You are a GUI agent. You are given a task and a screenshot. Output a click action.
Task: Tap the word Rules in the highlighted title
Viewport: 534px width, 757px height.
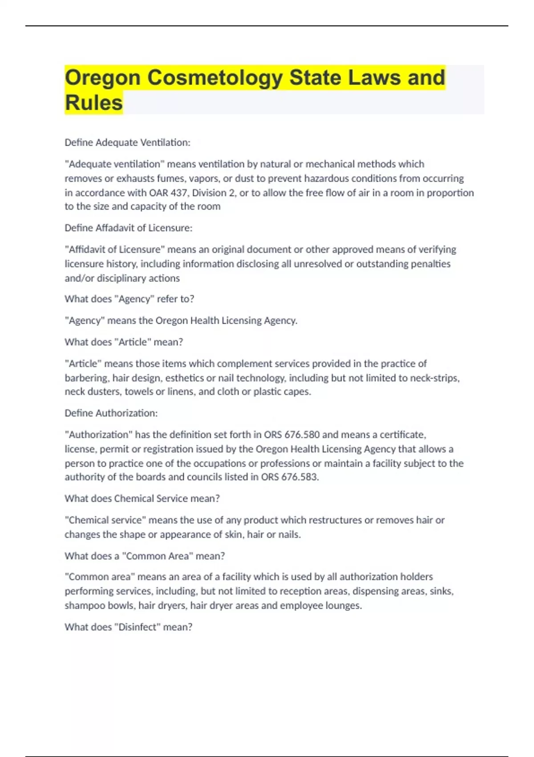pos(93,103)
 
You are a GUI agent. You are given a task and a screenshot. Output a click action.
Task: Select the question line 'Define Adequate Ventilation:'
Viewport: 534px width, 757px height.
pos(127,142)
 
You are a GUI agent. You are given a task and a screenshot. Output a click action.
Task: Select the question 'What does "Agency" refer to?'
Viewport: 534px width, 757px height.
pos(129,299)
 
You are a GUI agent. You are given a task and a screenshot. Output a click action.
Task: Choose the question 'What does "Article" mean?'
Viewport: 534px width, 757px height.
pos(124,342)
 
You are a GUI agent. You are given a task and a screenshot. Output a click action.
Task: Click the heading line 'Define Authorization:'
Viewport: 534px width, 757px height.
pos(111,413)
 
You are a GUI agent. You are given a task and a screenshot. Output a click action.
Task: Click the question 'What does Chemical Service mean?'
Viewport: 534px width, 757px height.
pos(142,499)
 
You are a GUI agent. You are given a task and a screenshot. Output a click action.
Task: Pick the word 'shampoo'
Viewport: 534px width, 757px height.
pos(82,606)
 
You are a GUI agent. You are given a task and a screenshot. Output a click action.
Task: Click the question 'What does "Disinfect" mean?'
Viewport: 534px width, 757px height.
pos(129,627)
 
